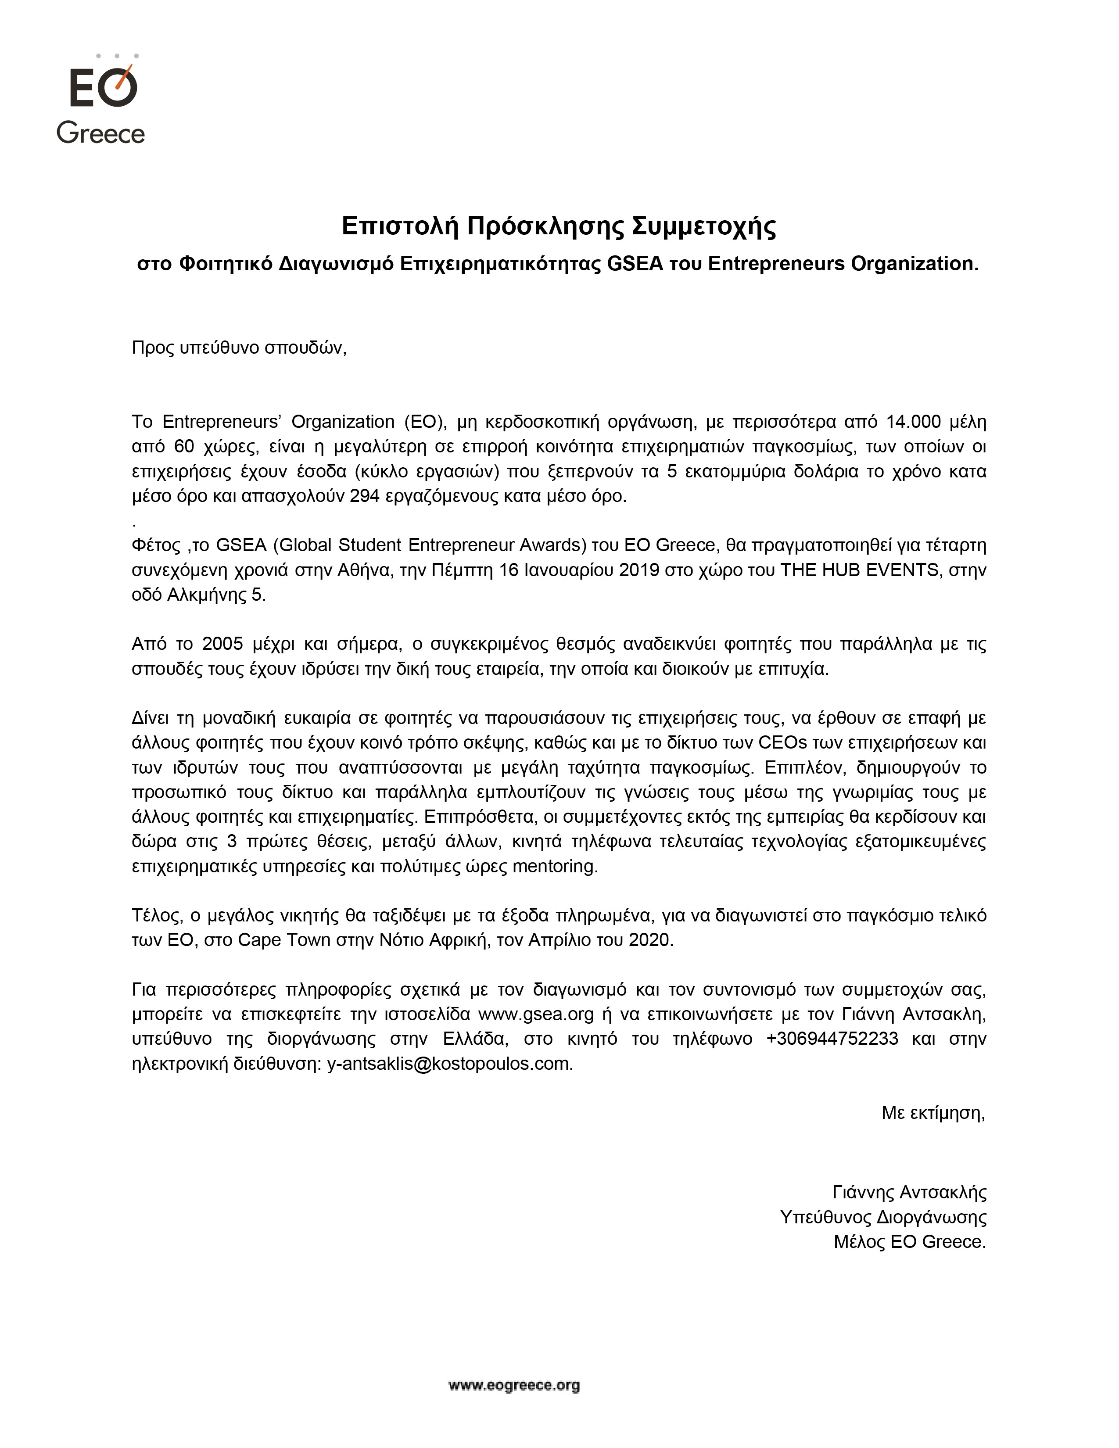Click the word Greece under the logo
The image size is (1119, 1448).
(101, 133)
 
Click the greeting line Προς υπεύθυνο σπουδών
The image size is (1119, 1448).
(239, 348)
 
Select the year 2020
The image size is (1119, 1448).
(649, 940)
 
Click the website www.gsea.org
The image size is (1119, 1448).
(536, 1014)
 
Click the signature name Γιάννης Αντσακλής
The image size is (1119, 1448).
(909, 1193)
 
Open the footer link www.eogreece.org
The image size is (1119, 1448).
(514, 1385)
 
